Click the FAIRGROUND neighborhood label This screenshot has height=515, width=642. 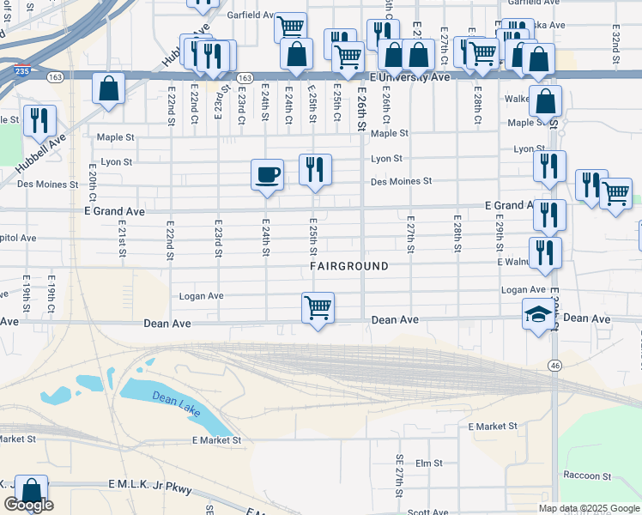(349, 266)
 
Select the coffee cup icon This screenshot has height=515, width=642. (267, 175)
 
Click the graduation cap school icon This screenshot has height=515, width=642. (539, 315)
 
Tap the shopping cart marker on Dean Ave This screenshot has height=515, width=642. (318, 307)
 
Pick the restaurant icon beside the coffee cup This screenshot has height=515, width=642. (315, 169)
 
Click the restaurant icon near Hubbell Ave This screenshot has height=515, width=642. (39, 122)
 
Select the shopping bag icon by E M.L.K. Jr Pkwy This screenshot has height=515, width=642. (31, 492)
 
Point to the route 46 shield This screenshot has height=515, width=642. (555, 365)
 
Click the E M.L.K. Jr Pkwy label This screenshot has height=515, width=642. (150, 487)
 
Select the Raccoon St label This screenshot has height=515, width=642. (586, 476)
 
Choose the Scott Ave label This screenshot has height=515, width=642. (427, 512)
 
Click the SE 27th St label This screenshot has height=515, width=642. (399, 476)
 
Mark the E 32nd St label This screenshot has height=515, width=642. (615, 39)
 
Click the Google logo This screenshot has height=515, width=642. (28, 505)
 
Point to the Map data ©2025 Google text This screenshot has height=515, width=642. (588, 508)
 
